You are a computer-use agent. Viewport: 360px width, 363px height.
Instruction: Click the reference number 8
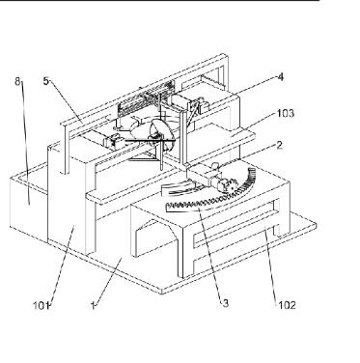[17, 81]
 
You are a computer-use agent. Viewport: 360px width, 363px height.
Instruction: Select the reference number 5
[46, 81]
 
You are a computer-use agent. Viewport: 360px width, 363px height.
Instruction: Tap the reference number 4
[281, 77]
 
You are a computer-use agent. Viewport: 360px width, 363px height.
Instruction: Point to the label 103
[286, 113]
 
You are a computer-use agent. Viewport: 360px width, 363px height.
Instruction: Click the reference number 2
[279, 145]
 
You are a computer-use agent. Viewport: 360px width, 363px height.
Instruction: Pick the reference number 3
[225, 303]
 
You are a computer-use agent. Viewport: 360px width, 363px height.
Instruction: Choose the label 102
[287, 305]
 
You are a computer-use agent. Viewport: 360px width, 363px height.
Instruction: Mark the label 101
[41, 305]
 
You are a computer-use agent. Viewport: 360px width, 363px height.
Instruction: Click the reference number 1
[93, 305]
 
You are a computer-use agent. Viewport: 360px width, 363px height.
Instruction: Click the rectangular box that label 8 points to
[28, 204]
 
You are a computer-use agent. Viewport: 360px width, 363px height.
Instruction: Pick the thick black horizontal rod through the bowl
[149, 140]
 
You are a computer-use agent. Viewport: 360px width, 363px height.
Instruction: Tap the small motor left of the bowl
[109, 141]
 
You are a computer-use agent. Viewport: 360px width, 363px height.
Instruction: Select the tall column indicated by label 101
[67, 201]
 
